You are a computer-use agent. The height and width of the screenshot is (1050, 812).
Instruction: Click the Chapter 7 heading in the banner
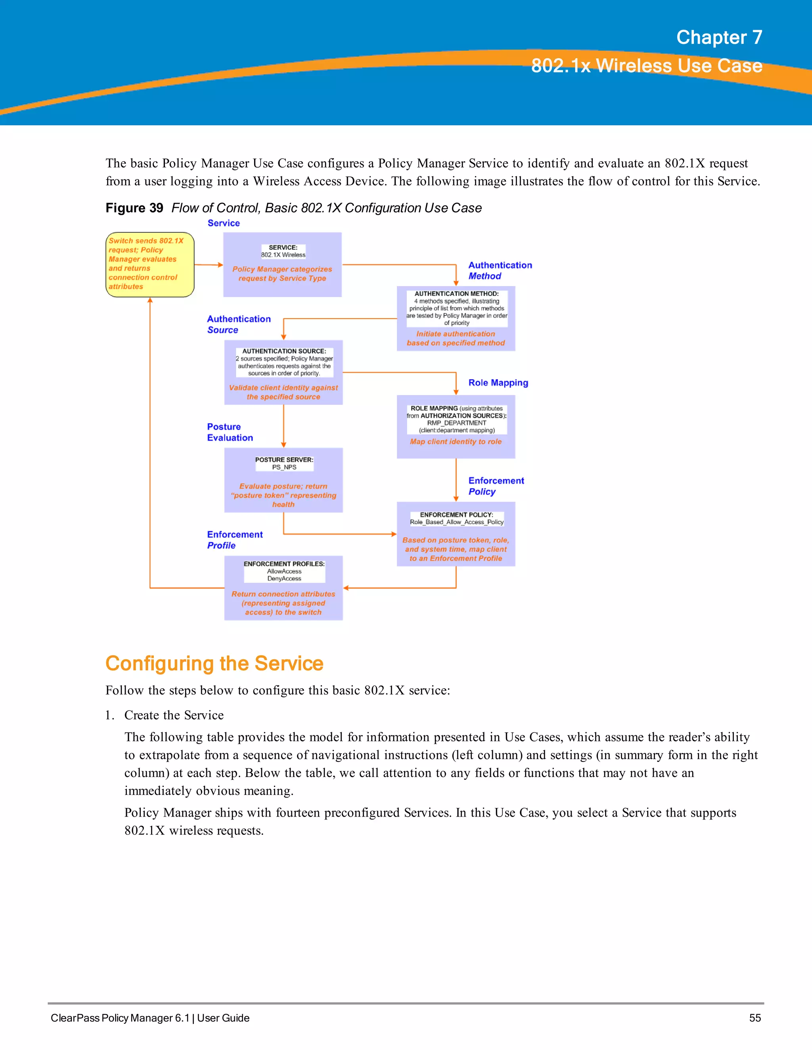point(719,38)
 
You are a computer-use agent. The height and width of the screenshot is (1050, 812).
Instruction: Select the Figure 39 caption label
point(134,208)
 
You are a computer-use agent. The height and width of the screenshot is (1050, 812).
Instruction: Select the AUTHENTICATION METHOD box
point(456,318)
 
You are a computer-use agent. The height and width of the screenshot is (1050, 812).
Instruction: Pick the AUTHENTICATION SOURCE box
point(283,372)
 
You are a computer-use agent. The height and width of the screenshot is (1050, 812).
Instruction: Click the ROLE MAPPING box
point(456,426)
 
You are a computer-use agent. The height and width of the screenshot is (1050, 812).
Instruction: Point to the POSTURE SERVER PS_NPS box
point(283,480)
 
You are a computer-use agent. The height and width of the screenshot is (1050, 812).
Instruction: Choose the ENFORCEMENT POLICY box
point(456,534)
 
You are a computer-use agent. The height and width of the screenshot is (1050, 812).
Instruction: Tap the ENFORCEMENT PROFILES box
point(283,588)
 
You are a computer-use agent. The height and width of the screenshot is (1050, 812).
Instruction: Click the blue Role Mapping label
point(498,383)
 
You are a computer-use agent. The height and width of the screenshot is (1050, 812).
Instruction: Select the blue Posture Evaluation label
point(230,432)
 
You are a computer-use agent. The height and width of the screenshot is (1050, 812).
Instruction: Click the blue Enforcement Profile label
point(234,540)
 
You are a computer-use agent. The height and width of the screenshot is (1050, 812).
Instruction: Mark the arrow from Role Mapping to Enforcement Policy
point(456,480)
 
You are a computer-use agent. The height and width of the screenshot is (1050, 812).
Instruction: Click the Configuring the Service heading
point(214,663)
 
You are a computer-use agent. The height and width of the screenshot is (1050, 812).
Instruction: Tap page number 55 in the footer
point(755,1018)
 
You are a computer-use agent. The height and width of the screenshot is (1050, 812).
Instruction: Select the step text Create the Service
point(174,715)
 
